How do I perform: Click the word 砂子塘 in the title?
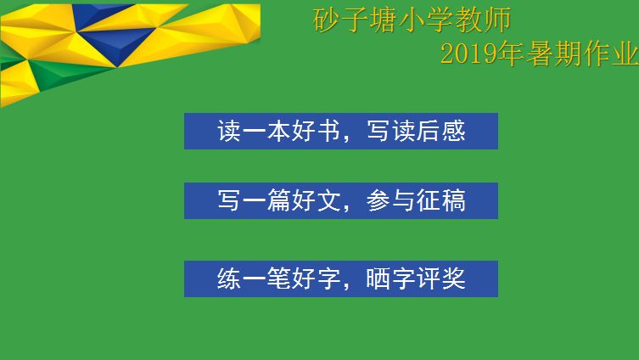pos(356,20)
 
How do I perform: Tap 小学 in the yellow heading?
pos(427,20)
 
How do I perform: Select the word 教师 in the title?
pos(483,20)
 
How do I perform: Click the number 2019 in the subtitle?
pos(469,53)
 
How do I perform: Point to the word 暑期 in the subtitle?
pos(554,53)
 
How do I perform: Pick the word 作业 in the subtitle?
pos(611,53)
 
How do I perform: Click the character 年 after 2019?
pos(512,53)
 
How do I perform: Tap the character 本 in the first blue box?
pos(279,131)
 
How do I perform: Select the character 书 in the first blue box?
pos(328,131)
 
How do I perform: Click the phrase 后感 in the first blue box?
pos(440,131)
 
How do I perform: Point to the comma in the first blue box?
pos(346,138)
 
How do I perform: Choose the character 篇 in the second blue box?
pos(279,200)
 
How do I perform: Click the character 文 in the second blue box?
pos(328,200)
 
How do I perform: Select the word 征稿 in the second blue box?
pos(440,200)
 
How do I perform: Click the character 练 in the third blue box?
pos(229,278)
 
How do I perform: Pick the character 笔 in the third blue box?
pos(279,278)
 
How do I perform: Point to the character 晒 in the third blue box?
pos(378,278)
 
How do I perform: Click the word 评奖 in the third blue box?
pos(440,278)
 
